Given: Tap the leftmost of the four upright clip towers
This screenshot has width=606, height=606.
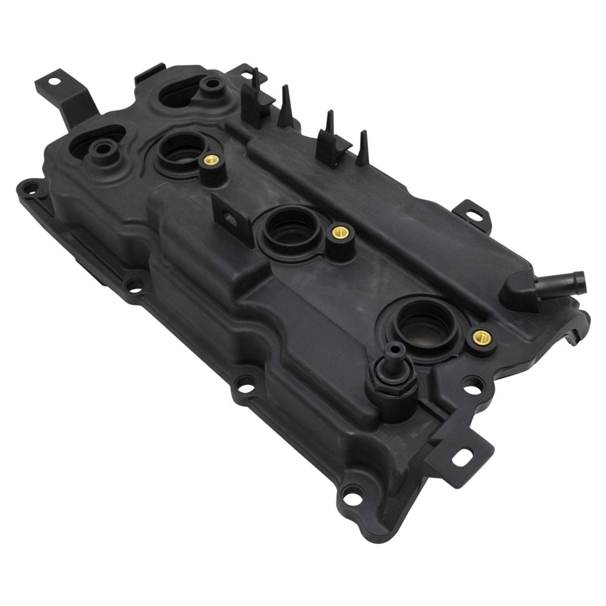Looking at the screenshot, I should coord(249,100).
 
